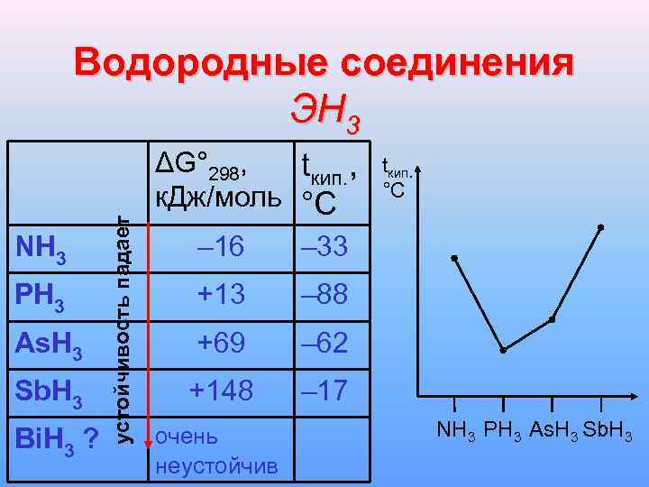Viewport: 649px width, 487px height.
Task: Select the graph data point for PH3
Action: point(503,350)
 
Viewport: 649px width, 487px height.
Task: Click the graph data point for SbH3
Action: point(600,227)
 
